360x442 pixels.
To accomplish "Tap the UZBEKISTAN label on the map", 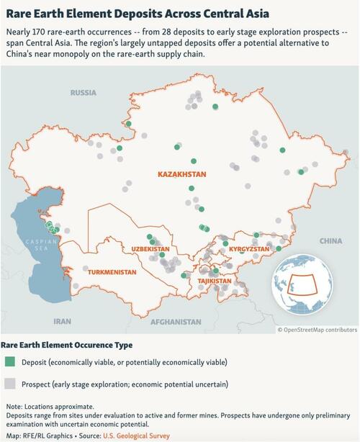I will (149, 249).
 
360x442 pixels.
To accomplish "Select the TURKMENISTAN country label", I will (112, 273).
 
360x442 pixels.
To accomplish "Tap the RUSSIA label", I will (84, 93).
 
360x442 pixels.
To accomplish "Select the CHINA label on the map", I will (330, 240).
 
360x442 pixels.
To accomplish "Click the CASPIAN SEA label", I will (35, 245).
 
